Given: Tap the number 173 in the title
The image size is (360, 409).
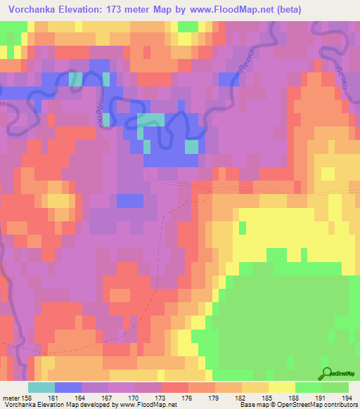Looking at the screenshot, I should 140,10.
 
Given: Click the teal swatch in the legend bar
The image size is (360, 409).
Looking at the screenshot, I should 41,388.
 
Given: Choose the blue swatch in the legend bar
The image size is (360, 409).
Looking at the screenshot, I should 67,388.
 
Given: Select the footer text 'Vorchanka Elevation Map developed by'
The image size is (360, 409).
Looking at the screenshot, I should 49,404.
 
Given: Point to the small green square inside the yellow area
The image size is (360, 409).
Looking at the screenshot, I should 243,227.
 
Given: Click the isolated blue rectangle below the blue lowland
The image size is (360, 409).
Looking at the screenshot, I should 130,200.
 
